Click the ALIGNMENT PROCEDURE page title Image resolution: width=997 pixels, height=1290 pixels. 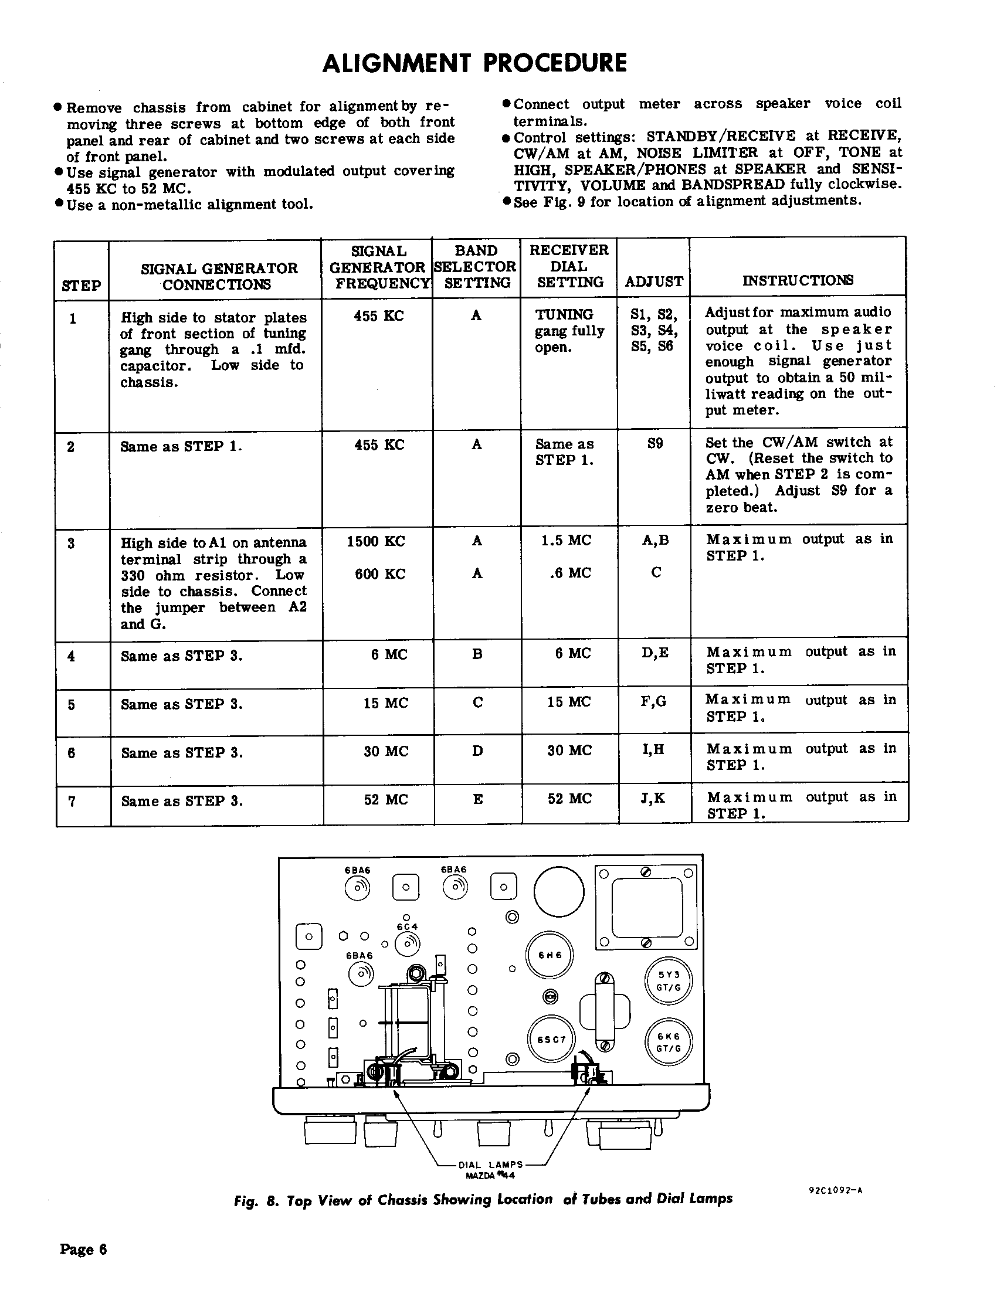pos(474,63)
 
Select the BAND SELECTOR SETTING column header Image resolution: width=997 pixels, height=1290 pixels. pos(476,266)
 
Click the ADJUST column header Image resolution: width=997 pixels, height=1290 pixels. pos(654,281)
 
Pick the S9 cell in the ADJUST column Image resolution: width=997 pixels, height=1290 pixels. pos(655,443)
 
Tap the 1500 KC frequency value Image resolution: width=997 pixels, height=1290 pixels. pos(379,541)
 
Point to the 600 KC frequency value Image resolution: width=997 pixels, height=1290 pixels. pos(379,573)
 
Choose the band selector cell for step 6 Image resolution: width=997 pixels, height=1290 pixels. pos(477,751)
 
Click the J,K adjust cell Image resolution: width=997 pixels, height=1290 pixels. pos(653,798)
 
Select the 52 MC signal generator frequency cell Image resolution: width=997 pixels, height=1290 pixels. pos(386,799)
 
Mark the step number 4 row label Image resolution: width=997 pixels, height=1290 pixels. pos(72,656)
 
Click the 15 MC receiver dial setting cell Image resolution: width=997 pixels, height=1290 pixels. pos(569,702)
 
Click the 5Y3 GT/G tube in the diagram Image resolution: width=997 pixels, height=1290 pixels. pos(669,981)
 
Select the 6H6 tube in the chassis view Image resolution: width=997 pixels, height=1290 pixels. pos(550,955)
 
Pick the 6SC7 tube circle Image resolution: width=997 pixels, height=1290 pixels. pos(551,1040)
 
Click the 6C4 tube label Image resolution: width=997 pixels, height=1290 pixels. pos(407,926)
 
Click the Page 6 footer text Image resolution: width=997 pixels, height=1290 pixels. pos(83,1248)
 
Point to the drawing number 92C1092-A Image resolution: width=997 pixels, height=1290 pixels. pos(835,1190)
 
